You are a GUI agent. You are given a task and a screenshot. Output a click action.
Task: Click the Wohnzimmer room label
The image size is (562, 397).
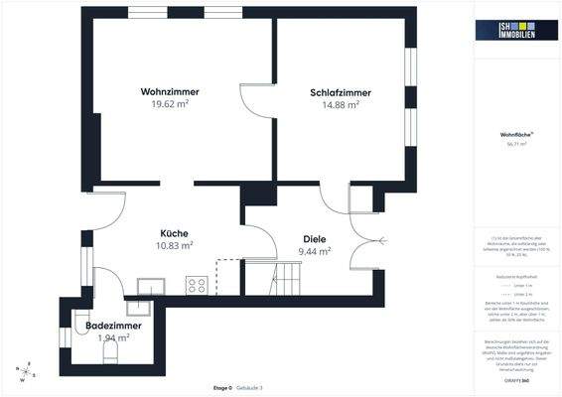point(170,91)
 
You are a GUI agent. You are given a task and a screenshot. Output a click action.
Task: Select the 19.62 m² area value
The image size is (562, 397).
point(170,103)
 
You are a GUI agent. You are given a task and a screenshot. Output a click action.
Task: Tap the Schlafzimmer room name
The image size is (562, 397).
point(334,92)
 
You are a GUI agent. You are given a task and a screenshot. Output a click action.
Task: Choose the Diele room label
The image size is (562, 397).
point(315,239)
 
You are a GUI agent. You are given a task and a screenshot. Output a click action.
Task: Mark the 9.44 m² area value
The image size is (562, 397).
point(315,251)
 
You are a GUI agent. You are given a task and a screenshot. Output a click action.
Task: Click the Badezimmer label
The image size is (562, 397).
point(113,326)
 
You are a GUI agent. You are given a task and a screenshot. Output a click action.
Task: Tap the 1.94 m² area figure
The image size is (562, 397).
point(113,337)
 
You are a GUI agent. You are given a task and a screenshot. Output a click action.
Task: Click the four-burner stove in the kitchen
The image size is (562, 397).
point(196,285)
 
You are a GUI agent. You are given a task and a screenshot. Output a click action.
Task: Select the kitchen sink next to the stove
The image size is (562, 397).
point(151,286)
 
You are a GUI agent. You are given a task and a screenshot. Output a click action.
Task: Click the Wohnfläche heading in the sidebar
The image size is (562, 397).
point(516,135)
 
